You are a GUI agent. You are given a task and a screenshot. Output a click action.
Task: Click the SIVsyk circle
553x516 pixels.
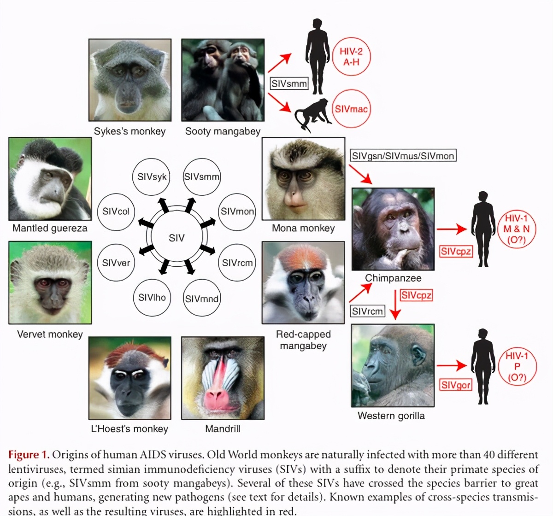(152, 177)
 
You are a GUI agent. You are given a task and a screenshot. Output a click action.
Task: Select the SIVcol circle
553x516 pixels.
(116, 211)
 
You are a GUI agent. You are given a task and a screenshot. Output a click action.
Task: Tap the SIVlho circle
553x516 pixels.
(152, 298)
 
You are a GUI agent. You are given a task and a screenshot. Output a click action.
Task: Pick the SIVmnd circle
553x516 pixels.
(201, 299)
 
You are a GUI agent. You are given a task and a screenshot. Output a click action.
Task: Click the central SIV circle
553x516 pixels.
(176, 238)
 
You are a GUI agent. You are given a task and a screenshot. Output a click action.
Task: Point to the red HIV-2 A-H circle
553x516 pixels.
(351, 56)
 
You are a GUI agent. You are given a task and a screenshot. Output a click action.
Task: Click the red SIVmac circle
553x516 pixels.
(351, 109)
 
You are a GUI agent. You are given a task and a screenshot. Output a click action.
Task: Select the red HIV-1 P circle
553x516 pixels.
(517, 367)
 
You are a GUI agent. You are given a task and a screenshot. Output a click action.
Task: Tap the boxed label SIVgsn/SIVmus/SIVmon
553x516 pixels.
(403, 156)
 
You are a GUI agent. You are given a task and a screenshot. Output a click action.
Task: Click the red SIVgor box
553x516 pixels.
(456, 385)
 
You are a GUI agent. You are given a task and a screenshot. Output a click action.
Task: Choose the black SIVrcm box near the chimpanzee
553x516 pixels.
(367, 311)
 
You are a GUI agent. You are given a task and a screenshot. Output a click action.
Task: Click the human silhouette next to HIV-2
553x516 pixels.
(317, 55)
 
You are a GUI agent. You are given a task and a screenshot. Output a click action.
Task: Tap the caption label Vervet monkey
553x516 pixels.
(50, 334)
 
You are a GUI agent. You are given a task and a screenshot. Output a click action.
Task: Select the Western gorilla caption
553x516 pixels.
(391, 416)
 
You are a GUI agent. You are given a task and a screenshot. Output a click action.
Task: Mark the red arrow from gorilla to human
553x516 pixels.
(452, 366)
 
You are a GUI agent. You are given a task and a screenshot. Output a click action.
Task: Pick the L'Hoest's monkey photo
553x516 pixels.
(130, 378)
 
